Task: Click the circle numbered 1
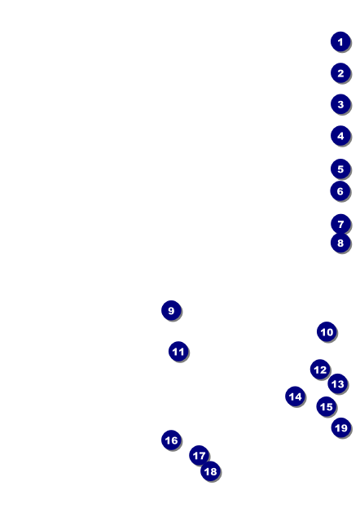[x=340, y=42]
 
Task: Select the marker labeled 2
[x=340, y=73]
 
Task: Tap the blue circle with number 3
[x=340, y=104]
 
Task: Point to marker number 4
[x=340, y=135]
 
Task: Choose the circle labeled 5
[x=340, y=169]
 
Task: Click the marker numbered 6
[x=340, y=190]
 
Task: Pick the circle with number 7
[x=340, y=224]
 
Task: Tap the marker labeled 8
[x=340, y=243]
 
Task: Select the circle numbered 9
[x=171, y=310]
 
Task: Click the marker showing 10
[x=327, y=331]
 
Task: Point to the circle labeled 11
[x=178, y=351]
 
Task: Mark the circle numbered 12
[x=320, y=369]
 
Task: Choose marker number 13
[x=338, y=383]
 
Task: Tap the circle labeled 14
[x=295, y=396]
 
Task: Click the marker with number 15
[x=327, y=406]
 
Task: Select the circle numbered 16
[x=171, y=440]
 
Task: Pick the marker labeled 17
[x=199, y=455]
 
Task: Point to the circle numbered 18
[x=210, y=471]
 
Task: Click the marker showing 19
[x=341, y=427]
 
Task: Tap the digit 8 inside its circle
[x=340, y=243]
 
